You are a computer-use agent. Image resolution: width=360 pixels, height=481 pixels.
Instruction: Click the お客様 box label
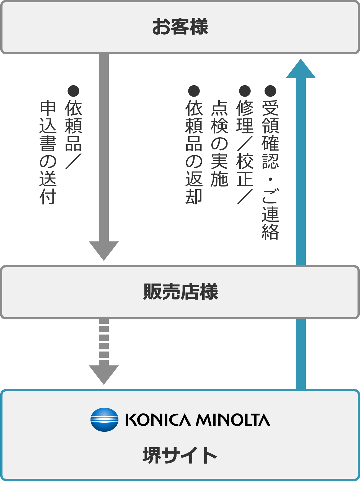[180, 27]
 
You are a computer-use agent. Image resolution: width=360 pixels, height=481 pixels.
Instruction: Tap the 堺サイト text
[180, 455]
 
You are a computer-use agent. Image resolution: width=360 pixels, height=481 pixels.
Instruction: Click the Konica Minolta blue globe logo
[104, 420]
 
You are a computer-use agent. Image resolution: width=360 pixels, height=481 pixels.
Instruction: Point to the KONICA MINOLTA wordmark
[198, 420]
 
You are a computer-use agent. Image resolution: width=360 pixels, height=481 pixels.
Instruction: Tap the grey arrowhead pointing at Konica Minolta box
[104, 374]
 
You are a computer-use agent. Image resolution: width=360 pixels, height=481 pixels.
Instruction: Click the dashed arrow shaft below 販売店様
[104, 342]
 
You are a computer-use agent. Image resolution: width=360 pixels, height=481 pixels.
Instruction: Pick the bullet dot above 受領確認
[270, 91]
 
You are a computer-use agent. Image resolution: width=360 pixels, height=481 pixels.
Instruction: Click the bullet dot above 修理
[245, 91]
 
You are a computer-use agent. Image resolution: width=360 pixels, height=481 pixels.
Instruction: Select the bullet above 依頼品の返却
[194, 91]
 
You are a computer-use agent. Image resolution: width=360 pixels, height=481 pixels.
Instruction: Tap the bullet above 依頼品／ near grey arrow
[73, 91]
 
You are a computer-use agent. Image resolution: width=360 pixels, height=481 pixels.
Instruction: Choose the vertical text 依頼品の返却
[194, 152]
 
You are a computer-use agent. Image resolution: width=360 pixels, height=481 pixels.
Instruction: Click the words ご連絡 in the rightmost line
[270, 214]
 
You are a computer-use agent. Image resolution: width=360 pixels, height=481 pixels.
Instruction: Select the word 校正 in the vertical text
[245, 169]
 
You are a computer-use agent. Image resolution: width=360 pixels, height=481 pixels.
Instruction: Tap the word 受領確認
[270, 134]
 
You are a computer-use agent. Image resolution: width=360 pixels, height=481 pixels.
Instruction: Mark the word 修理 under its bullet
[245, 116]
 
